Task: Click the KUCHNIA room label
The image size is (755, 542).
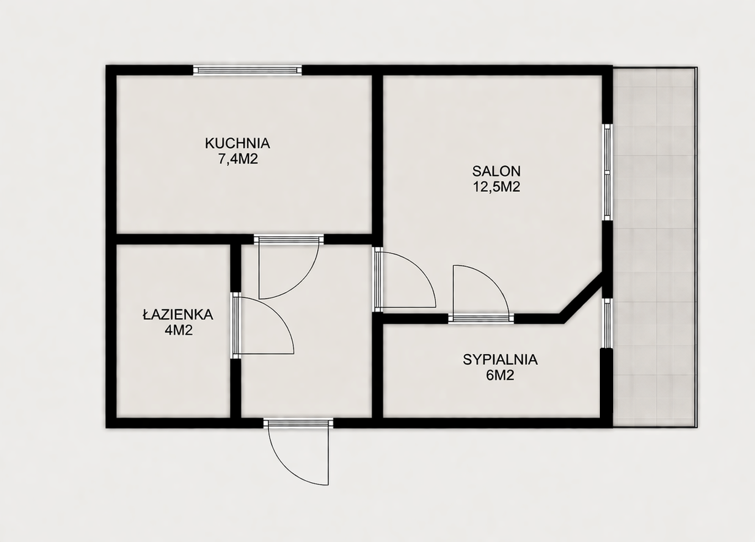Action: point(237,143)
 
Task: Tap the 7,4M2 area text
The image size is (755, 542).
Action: point(238,159)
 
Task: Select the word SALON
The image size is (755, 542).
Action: point(496,171)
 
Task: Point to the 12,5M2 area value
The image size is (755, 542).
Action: point(497,187)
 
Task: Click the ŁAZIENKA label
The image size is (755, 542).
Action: point(178,314)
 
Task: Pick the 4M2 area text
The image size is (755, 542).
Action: point(178,330)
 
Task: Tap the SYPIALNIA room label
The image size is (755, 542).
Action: point(500,360)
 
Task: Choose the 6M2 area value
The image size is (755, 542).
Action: point(500,375)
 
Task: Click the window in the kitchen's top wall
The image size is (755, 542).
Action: point(247,70)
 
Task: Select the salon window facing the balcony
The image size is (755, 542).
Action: point(607,173)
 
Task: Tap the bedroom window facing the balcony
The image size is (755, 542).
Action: point(607,323)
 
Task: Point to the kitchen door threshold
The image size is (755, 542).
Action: point(289,239)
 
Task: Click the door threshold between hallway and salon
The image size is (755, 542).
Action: point(377,279)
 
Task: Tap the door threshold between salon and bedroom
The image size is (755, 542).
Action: point(481,319)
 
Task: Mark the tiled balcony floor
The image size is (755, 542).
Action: point(654,247)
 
